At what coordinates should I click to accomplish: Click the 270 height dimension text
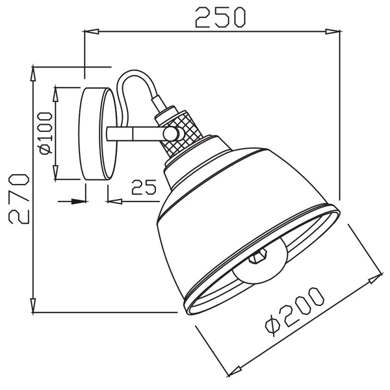point(16,198)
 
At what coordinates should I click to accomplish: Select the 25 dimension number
point(144,188)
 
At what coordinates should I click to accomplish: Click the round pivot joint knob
point(172,133)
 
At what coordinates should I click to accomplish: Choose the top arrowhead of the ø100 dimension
point(57,92)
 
